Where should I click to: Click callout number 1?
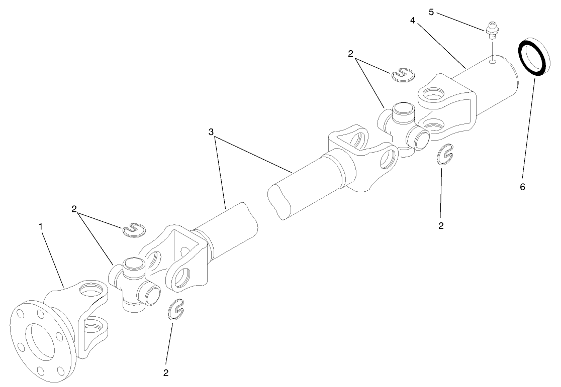click(41, 226)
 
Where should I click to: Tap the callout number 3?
click(212, 132)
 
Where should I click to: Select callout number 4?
click(412, 21)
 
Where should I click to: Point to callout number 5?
click(431, 12)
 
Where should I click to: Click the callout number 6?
click(522, 187)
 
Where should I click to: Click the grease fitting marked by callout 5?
click(492, 31)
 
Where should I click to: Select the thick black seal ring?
click(532, 58)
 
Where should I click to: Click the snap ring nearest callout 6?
click(444, 155)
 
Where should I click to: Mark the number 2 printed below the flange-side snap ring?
click(165, 372)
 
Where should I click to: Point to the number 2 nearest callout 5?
click(350, 54)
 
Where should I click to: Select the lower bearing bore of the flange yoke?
click(95, 329)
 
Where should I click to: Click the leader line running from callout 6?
click(527, 125)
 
